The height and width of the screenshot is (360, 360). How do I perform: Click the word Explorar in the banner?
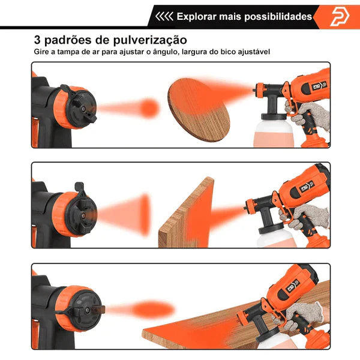tap(197, 17)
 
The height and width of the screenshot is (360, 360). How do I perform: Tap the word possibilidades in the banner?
tap(278, 17)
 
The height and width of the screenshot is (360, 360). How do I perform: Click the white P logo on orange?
tap(340, 17)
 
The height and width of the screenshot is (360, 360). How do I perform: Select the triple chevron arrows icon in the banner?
tap(164, 17)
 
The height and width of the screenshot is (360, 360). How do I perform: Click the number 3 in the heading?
tap(37, 40)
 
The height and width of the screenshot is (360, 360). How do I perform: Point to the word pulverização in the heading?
tap(149, 40)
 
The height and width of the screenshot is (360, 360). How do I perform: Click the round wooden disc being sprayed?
tap(199, 110)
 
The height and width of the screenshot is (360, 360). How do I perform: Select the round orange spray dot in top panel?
tap(149, 108)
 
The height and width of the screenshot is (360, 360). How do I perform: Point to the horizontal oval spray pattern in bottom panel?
tap(152, 309)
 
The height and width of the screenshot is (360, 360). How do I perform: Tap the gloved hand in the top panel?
tap(307, 115)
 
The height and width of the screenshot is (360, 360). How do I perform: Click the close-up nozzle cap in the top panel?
tap(78, 107)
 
